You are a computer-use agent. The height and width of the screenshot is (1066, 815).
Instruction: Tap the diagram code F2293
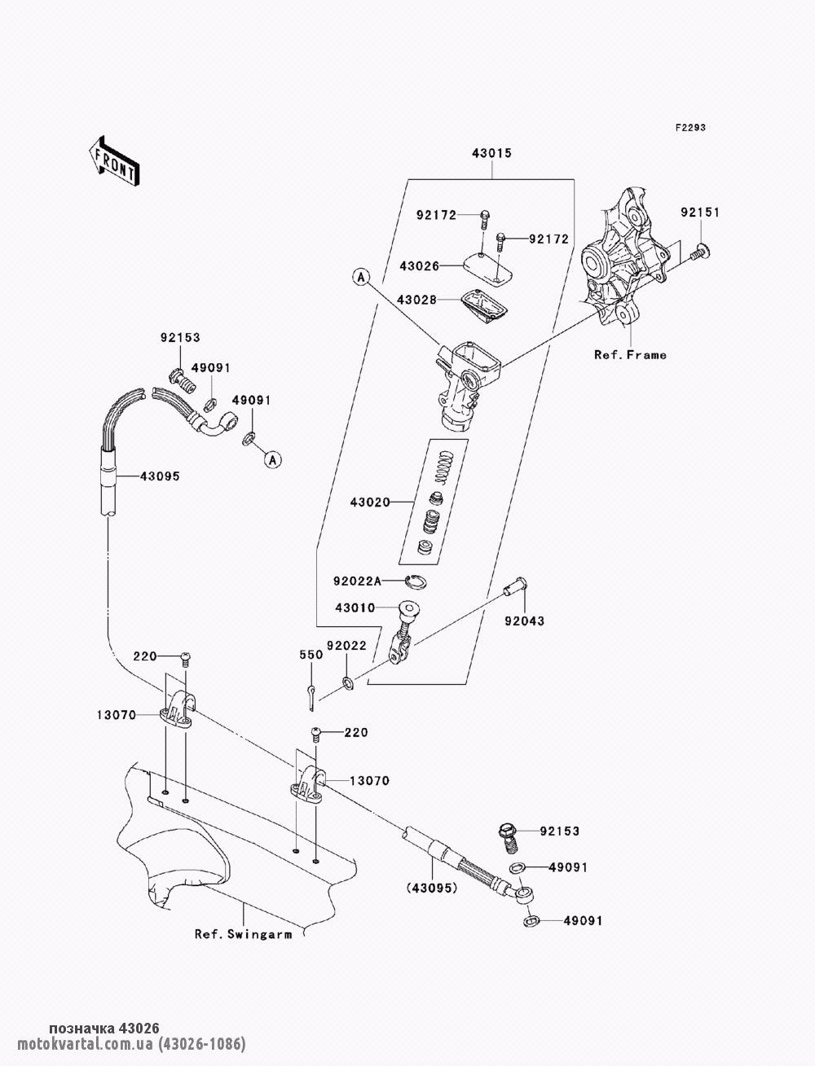(689, 128)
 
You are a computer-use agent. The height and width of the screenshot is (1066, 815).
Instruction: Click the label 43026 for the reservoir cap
(420, 266)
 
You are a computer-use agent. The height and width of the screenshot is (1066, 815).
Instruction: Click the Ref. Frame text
(630, 354)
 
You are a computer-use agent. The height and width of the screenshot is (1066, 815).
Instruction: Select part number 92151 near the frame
(701, 213)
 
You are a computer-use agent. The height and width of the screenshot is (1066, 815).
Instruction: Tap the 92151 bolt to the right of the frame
(700, 252)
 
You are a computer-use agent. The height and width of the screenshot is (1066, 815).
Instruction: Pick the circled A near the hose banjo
(273, 460)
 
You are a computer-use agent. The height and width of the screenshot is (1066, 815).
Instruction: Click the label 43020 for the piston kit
(370, 505)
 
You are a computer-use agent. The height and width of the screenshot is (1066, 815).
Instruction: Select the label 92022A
(357, 581)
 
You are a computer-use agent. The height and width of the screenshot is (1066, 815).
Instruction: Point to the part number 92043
(524, 621)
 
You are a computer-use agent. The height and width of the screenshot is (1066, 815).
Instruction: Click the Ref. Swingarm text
(243, 934)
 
